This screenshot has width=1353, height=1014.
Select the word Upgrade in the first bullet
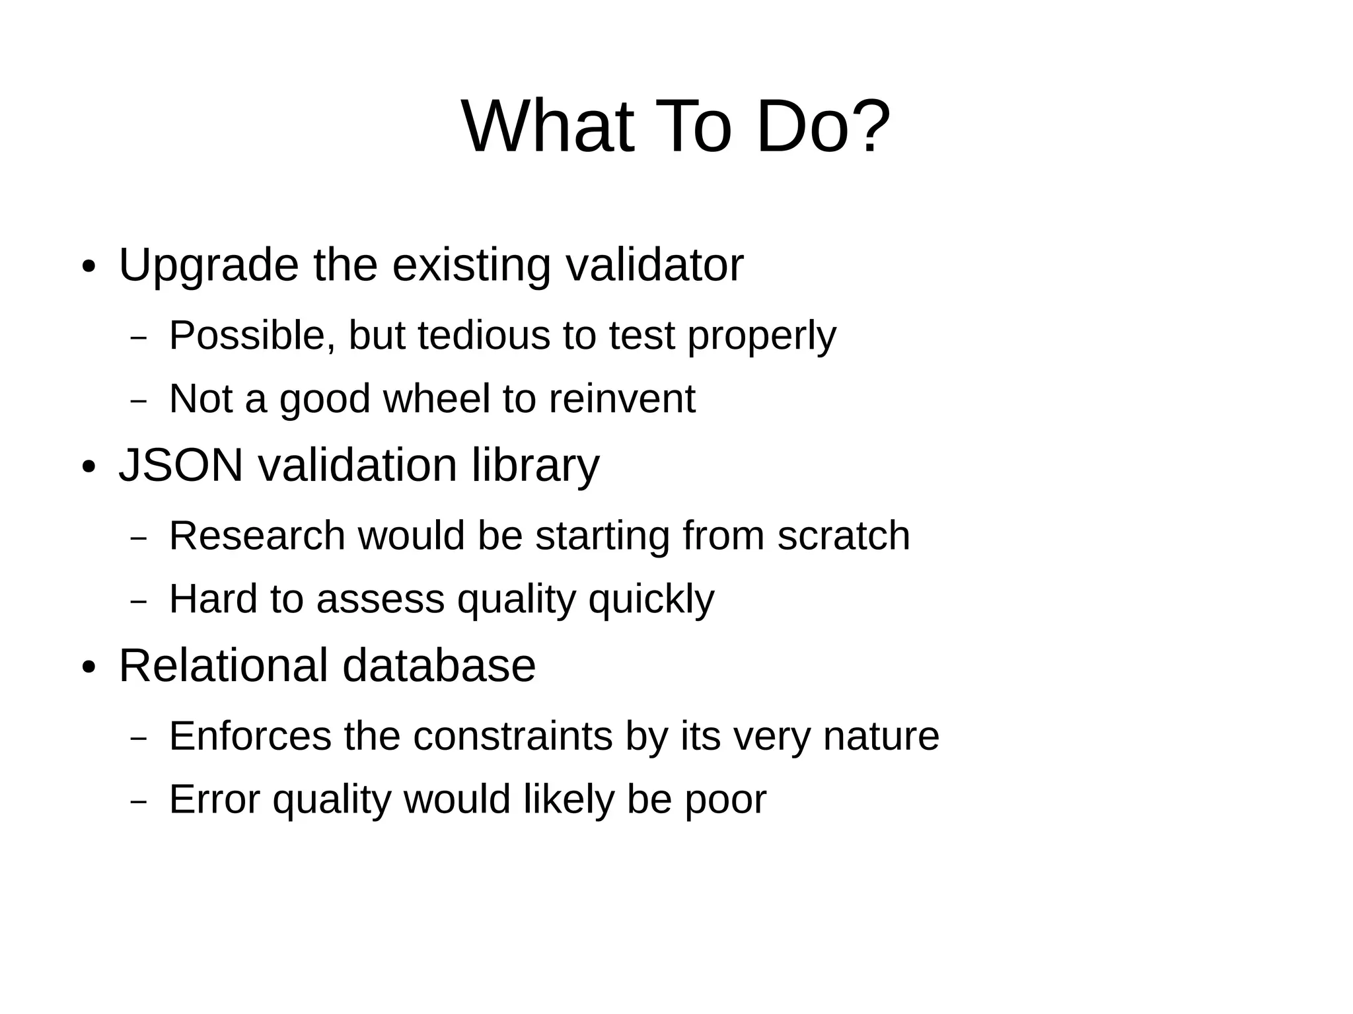click(x=209, y=266)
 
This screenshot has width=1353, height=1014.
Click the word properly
click(x=762, y=336)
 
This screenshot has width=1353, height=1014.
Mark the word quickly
click(x=651, y=600)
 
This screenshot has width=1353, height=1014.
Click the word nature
click(x=881, y=737)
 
